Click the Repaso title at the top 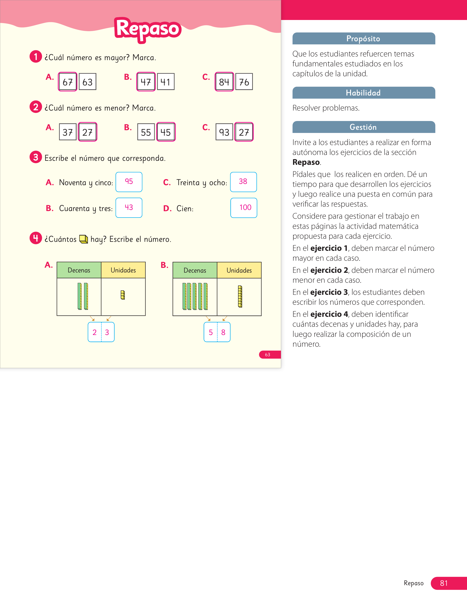148,29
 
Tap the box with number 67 68,82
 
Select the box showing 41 166,82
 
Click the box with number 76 244,82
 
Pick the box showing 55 146,132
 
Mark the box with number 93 224,132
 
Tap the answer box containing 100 244,208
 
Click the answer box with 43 129,208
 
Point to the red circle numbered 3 36,157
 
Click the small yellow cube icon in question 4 84,239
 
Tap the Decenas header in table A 79,270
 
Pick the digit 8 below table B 223,332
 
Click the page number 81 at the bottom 444,583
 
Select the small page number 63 268,355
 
